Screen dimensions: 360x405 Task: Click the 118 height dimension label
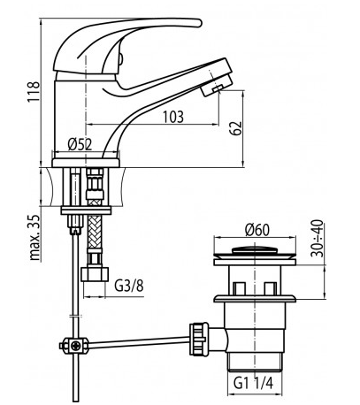pos(34,91)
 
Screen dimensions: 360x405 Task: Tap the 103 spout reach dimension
pos(173,117)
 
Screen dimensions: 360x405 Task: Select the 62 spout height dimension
pos(236,128)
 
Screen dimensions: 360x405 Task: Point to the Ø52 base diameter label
pos(80,144)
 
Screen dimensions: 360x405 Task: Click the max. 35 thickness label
pos(34,237)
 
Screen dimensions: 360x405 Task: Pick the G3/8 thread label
pos(129,286)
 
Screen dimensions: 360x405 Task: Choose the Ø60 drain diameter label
pos(257,230)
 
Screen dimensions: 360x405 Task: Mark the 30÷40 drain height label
pos(318,238)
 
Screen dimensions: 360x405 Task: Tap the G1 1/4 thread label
pos(253,383)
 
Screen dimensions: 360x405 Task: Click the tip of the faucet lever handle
pos(201,23)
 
